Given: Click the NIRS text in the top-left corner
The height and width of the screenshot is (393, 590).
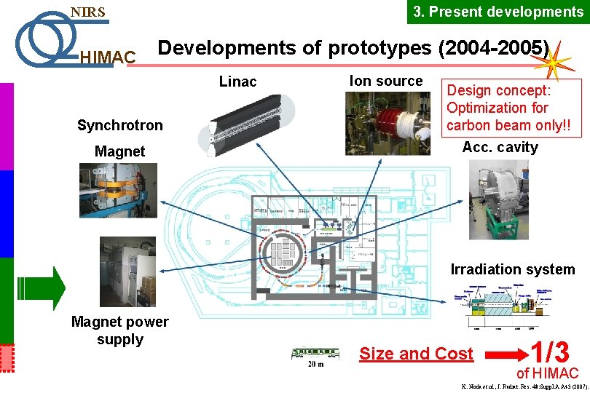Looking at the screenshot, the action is [87, 12].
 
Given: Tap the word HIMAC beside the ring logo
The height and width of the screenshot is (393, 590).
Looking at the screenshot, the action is [107, 57].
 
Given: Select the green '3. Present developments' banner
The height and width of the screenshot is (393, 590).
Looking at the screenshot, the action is [497, 12].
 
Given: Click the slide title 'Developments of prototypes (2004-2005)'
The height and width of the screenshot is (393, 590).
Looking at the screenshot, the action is [354, 48].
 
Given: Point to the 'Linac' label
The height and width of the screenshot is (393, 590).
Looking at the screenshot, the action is [238, 82].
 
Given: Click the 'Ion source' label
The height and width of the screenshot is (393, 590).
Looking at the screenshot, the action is [386, 81].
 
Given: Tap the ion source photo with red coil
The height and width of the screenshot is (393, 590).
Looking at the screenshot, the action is [388, 122].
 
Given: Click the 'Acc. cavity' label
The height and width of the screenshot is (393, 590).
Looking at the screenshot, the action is [500, 147].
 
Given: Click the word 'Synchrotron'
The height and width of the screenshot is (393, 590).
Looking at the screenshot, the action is [120, 125].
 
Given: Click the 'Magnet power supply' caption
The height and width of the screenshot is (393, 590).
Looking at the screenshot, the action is [119, 330].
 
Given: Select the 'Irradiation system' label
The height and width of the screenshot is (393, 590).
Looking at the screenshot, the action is [513, 269].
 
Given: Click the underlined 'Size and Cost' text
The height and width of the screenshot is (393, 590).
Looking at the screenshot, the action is [416, 354].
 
